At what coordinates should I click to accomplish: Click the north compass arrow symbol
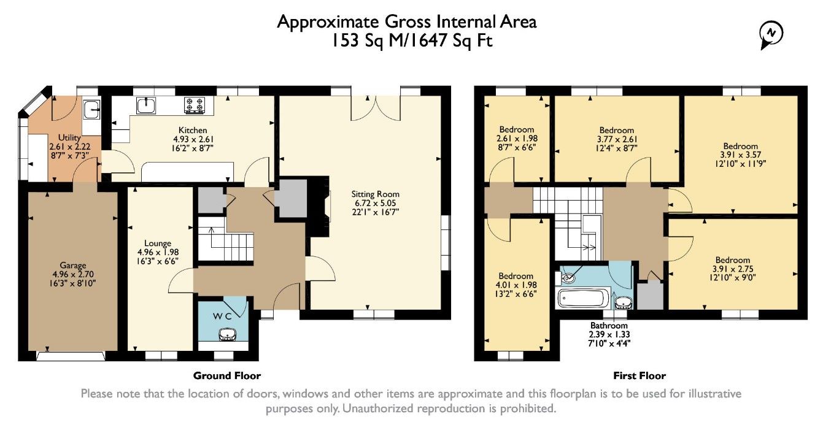tap(771, 35)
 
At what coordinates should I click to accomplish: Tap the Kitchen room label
tap(193, 130)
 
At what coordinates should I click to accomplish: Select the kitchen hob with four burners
tap(195, 104)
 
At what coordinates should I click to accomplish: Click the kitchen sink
tap(146, 105)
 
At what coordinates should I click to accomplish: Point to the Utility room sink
tap(91, 109)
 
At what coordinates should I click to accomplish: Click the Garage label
tap(73, 265)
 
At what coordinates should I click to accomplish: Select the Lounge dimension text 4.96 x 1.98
tap(158, 252)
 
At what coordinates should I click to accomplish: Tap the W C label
tap(222, 316)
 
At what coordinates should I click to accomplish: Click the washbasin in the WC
tap(228, 335)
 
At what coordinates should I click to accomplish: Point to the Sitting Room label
tap(375, 194)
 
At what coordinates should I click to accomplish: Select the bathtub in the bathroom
tap(583, 298)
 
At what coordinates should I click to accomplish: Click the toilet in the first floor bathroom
tap(566, 278)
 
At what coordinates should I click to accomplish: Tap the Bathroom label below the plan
tap(609, 325)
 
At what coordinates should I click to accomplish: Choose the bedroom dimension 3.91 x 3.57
tap(740, 155)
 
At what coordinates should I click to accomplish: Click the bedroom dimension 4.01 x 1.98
tap(516, 285)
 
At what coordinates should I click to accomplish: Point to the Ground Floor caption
tap(226, 375)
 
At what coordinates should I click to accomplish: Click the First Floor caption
tap(639, 375)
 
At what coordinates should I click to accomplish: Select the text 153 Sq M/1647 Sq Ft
tap(412, 40)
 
